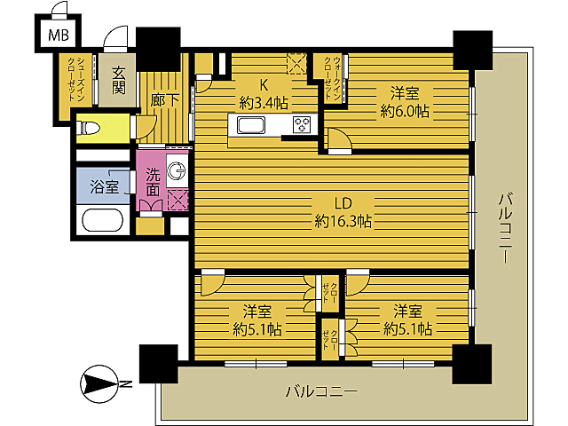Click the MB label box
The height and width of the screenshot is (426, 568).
58,36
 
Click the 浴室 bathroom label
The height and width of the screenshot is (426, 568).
105,186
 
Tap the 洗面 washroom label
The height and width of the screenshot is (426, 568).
154,181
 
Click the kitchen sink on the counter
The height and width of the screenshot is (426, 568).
248,124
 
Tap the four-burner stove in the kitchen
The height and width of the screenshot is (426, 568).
302,124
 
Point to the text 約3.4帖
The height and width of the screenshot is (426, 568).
263,102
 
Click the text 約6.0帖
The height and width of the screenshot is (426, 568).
406,111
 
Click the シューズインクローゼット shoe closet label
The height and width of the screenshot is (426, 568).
77,82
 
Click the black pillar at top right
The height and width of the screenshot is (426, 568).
471,50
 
